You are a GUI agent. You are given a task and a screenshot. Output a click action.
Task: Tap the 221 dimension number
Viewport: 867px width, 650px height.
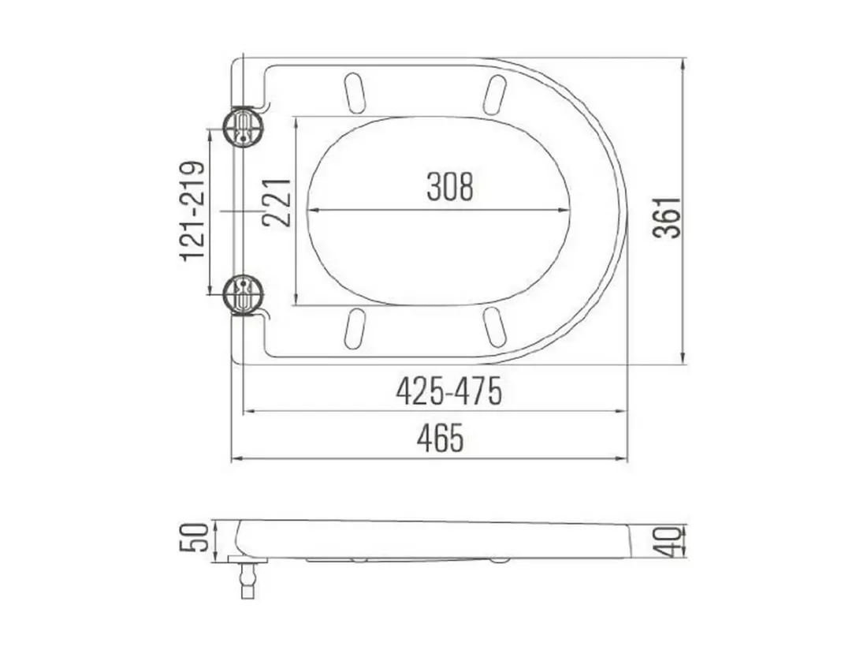[277, 203]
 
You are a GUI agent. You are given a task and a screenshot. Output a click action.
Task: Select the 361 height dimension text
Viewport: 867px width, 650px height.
[666, 217]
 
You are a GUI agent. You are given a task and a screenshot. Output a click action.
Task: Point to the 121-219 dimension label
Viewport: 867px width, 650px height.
[192, 211]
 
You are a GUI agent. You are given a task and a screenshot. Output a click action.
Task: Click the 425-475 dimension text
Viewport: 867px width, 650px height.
[449, 391]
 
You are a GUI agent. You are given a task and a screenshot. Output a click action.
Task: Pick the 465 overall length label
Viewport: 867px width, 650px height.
[440, 439]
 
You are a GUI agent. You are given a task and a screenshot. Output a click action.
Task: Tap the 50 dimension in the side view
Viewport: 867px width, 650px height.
[195, 536]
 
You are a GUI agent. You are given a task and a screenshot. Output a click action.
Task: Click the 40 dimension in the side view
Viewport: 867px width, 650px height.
[668, 541]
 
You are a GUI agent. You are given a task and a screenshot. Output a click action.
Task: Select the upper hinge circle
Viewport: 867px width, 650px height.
[243, 127]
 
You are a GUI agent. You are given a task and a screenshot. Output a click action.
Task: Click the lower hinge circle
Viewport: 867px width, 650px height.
[243, 293]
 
